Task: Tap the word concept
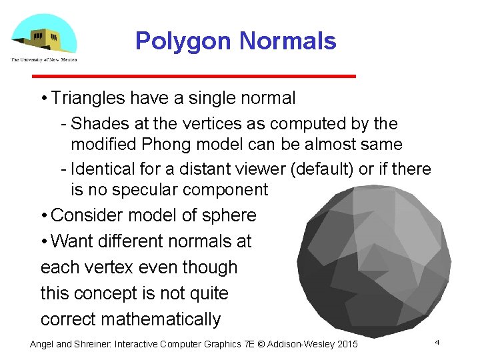point(115,293)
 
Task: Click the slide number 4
point(437,342)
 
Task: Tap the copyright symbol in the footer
point(261,344)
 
